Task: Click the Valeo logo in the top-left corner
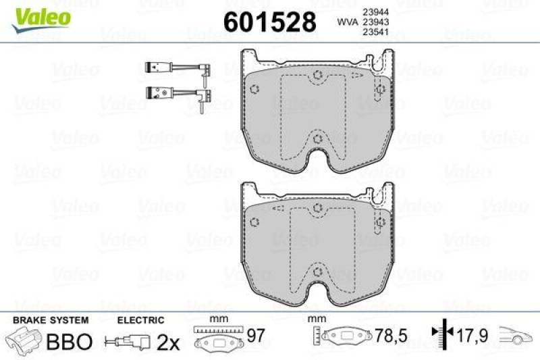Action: coord(43,16)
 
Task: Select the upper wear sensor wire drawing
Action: coord(178,68)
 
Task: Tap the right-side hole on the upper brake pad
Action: coord(380,88)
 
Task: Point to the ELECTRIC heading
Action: coord(141,320)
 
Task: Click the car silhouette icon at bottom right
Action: coord(516,335)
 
